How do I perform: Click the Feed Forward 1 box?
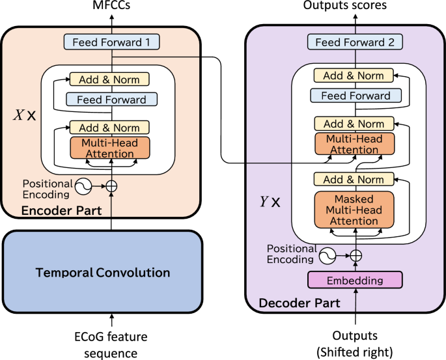[x=111, y=43]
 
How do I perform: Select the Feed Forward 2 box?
[x=354, y=43]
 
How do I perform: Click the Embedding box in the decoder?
[x=355, y=280]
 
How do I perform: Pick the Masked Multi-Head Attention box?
[x=354, y=210]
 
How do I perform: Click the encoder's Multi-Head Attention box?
[x=110, y=148]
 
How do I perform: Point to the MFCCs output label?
[x=111, y=6]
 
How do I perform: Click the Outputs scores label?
[x=354, y=6]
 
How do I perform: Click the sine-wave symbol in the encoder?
[x=83, y=186]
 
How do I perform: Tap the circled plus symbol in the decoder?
[x=355, y=255]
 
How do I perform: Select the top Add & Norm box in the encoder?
[x=109, y=79]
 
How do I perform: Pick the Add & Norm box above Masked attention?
[x=354, y=179]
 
